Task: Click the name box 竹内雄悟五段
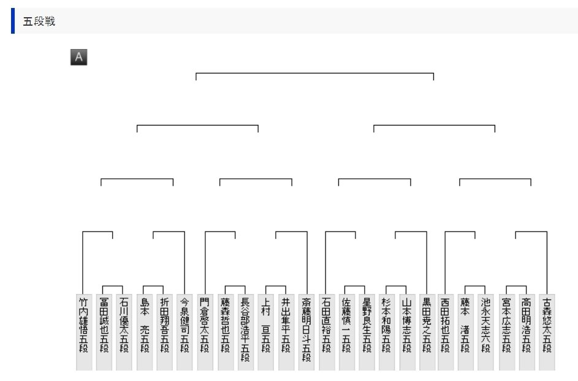(84, 331)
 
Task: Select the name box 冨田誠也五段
(104, 331)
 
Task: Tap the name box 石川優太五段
(124, 331)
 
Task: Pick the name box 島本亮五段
(145, 331)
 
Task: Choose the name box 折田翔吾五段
(164, 331)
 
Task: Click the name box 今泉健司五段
(184, 331)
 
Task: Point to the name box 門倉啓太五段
(205, 331)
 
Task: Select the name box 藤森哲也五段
(226, 331)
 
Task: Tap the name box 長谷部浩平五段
(245, 331)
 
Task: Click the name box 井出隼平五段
(286, 331)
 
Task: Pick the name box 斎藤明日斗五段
(306, 331)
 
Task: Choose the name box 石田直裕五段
(326, 331)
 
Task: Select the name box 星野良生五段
(367, 331)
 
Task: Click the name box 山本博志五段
(407, 331)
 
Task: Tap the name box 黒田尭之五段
(427, 331)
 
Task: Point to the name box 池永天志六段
(485, 331)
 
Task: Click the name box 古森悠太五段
(547, 331)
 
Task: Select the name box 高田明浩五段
(527, 331)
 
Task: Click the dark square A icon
(78, 58)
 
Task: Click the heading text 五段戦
(39, 21)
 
